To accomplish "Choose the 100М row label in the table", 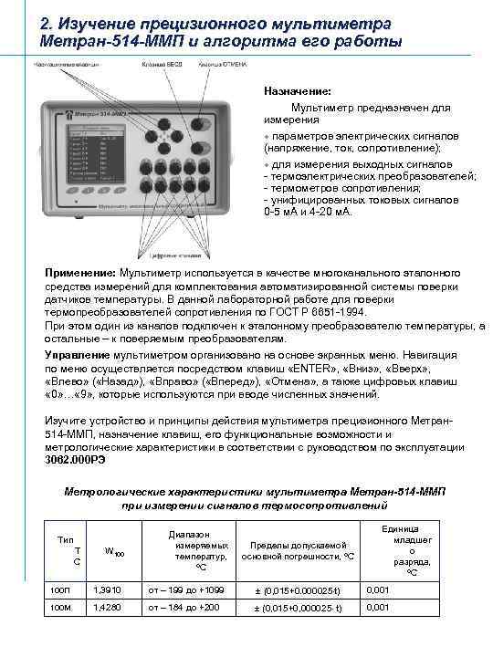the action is [x=58, y=607].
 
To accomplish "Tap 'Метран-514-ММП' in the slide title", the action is [x=101, y=42].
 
